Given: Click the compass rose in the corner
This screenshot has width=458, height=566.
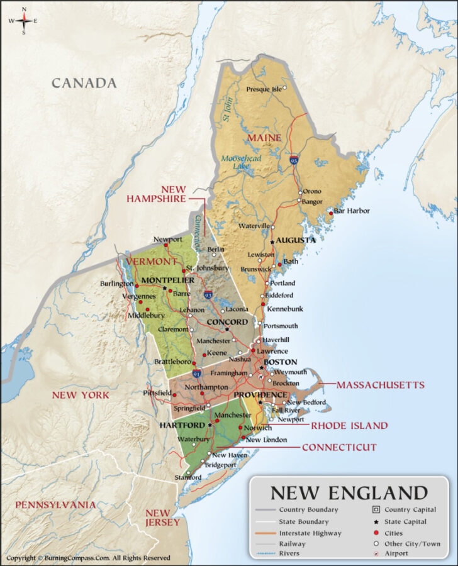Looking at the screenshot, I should tap(23, 21).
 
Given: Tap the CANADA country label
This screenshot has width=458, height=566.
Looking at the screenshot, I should tap(84, 83).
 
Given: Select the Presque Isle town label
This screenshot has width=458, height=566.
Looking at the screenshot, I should tap(264, 89).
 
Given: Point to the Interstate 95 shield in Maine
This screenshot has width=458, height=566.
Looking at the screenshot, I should tap(294, 161).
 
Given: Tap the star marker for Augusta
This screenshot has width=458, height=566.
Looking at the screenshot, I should tap(272, 241).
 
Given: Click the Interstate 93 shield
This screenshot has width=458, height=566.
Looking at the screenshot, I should tap(208, 294).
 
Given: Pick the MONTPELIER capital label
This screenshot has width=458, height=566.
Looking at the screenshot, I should tap(168, 280).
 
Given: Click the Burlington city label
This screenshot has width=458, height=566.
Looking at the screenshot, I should tap(117, 284).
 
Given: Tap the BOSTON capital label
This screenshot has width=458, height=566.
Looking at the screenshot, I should tap(280, 362).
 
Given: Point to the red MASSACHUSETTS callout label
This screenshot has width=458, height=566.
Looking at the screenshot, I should tap(380, 384).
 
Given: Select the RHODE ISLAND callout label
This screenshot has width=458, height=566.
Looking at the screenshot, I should tap(350, 426).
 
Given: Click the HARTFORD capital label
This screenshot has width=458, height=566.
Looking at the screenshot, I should tap(182, 425).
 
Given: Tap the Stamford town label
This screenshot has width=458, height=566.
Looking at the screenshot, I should tap(188, 478).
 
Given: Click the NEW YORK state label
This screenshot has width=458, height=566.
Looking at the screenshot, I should tap(81, 395).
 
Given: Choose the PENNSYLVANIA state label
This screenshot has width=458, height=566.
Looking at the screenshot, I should tap(55, 504).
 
